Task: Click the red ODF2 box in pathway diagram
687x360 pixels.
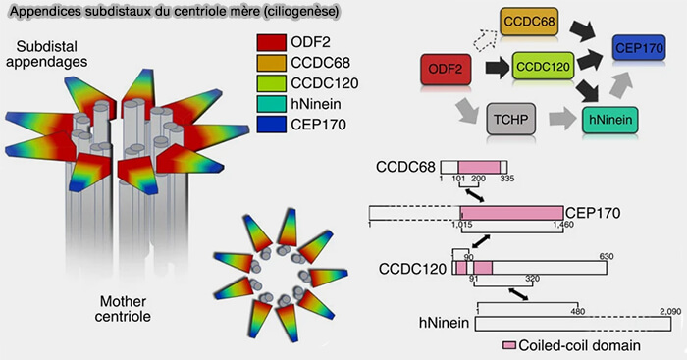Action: coord(448,70)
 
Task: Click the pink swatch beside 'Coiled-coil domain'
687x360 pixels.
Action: coord(510,344)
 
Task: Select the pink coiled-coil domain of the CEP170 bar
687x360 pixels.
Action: coord(511,212)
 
